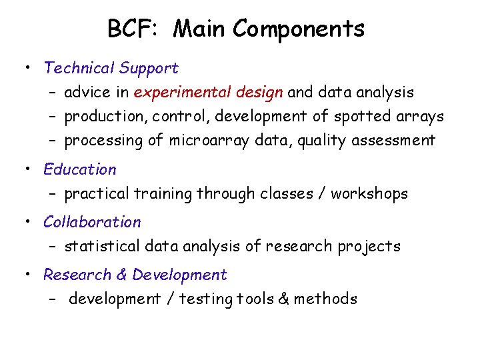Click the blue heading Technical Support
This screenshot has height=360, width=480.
pyautogui.click(x=111, y=68)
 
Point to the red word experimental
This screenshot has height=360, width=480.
pyautogui.click(x=175, y=93)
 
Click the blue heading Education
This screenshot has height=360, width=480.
pyautogui.click(x=79, y=169)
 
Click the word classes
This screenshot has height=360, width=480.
pyautogui.click(x=279, y=194)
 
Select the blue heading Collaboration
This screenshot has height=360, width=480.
pyautogui.click(x=92, y=222)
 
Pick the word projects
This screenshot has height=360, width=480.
pyautogui.click(x=369, y=247)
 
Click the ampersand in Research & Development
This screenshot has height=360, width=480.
pyautogui.click(x=122, y=275)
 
